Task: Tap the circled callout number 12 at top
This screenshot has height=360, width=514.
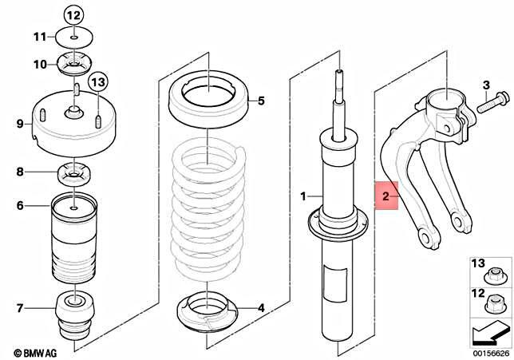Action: pyautogui.click(x=73, y=15)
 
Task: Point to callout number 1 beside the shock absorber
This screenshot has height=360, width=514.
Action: pyautogui.click(x=302, y=196)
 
